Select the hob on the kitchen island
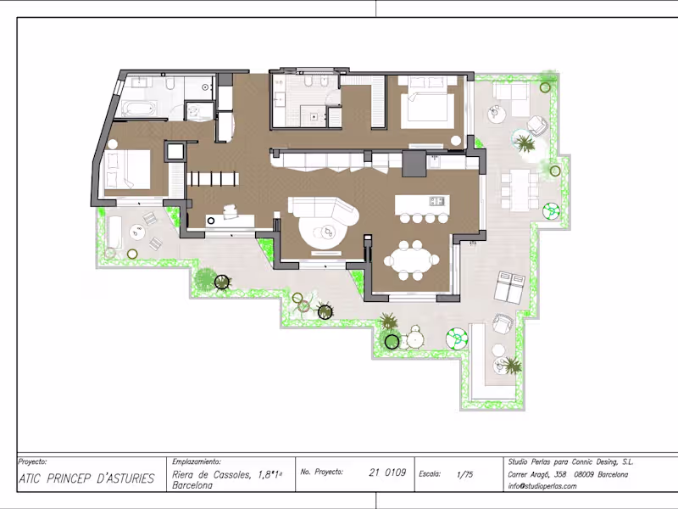point(436,201)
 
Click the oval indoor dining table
point(411,261)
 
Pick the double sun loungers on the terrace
point(510,287)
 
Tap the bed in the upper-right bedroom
point(427,103)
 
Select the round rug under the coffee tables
point(323,232)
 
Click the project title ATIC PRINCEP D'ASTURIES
point(86,478)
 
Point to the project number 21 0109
point(387,473)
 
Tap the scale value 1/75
point(464,474)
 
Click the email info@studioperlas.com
point(542,486)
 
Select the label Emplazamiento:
point(196,461)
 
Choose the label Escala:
point(430,474)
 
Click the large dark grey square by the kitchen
point(414,163)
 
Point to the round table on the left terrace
point(137,232)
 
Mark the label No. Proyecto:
point(322,472)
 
